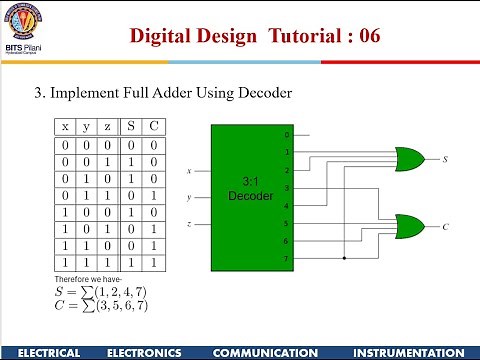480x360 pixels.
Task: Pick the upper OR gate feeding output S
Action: tap(409, 158)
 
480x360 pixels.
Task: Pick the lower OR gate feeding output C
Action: tap(409, 226)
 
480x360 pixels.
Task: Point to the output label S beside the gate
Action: tap(445, 159)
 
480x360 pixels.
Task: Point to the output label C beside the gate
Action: tap(445, 227)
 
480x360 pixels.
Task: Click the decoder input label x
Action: tap(189, 171)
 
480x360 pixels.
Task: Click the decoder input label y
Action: tap(189, 197)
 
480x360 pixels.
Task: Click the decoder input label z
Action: tap(189, 223)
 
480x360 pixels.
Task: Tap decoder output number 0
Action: tap(286, 134)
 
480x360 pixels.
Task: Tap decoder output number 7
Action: tap(286, 259)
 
